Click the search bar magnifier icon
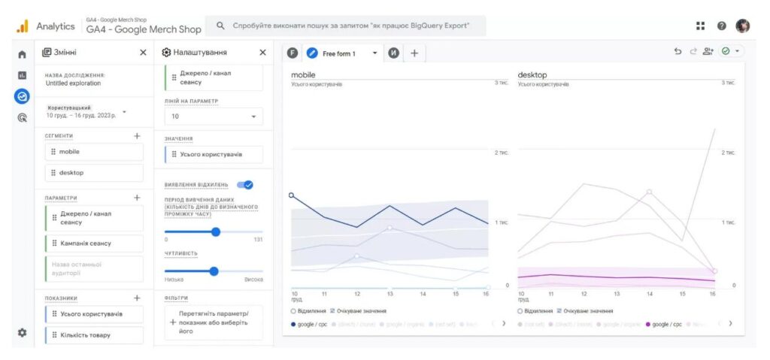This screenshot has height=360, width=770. tap(220, 26)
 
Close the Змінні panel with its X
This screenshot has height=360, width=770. tap(143, 53)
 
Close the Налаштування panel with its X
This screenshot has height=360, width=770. tap(262, 53)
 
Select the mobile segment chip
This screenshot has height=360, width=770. tap(93, 152)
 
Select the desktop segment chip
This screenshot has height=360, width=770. tap(93, 173)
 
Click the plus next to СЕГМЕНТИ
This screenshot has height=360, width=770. tap(137, 136)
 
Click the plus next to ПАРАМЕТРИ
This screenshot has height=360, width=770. tap(137, 198)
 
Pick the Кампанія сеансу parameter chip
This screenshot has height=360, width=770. tap(93, 244)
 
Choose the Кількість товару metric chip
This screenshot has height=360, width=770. tap(93, 334)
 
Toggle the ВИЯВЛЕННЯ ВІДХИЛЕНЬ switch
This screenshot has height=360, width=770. tap(244, 185)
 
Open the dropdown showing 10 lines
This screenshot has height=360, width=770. tap(214, 116)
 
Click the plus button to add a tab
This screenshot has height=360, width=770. tap(414, 53)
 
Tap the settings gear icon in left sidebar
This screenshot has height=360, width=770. tap(22, 333)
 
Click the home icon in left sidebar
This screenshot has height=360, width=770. tap(22, 54)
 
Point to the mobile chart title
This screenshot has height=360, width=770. tap(303, 75)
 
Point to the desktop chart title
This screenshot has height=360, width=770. tap(532, 75)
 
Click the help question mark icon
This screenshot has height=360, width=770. tap(722, 26)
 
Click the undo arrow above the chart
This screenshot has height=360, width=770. tap(678, 52)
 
